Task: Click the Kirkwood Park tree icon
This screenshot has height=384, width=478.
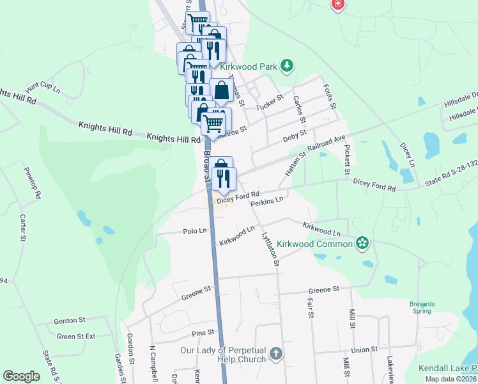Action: (288, 65)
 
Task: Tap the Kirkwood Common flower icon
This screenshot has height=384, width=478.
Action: (362, 243)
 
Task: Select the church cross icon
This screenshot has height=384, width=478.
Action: (275, 354)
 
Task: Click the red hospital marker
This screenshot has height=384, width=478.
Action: (337, 4)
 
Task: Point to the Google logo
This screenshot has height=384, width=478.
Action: (21, 376)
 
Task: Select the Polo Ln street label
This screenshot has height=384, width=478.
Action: (195, 230)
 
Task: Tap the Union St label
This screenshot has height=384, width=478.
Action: (364, 349)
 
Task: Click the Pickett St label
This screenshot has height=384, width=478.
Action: (347, 159)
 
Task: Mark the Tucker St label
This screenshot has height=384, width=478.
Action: (269, 102)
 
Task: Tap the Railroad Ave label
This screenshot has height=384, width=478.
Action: (326, 142)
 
